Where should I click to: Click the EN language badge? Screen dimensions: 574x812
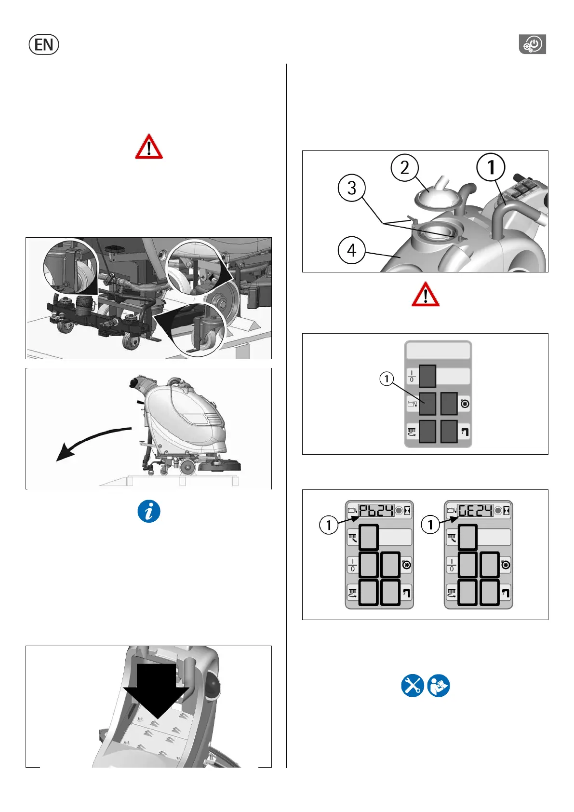pos(44,44)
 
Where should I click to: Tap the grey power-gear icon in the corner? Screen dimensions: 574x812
pos(533,44)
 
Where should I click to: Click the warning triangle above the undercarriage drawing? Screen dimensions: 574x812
pos(149,147)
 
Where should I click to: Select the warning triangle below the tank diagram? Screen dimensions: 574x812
pos(426,294)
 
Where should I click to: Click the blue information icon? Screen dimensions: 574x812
pos(149,511)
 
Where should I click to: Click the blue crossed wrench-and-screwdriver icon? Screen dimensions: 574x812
pos(413,686)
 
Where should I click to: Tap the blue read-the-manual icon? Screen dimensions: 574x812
pos(439,686)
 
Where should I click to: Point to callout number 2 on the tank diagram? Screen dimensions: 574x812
pos(405,168)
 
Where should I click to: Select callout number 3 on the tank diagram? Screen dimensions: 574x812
pos(351,188)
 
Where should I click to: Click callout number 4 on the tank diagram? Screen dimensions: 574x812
pos(351,250)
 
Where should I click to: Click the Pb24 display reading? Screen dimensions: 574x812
pos(376,511)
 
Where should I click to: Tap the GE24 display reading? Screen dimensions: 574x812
pos(475,511)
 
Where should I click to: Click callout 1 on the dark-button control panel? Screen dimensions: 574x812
pos(387,379)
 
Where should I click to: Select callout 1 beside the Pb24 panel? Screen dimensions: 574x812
pos(329,525)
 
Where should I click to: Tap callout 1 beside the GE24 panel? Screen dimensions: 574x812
pos(430,525)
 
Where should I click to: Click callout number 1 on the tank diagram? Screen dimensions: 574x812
pos(491,167)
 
